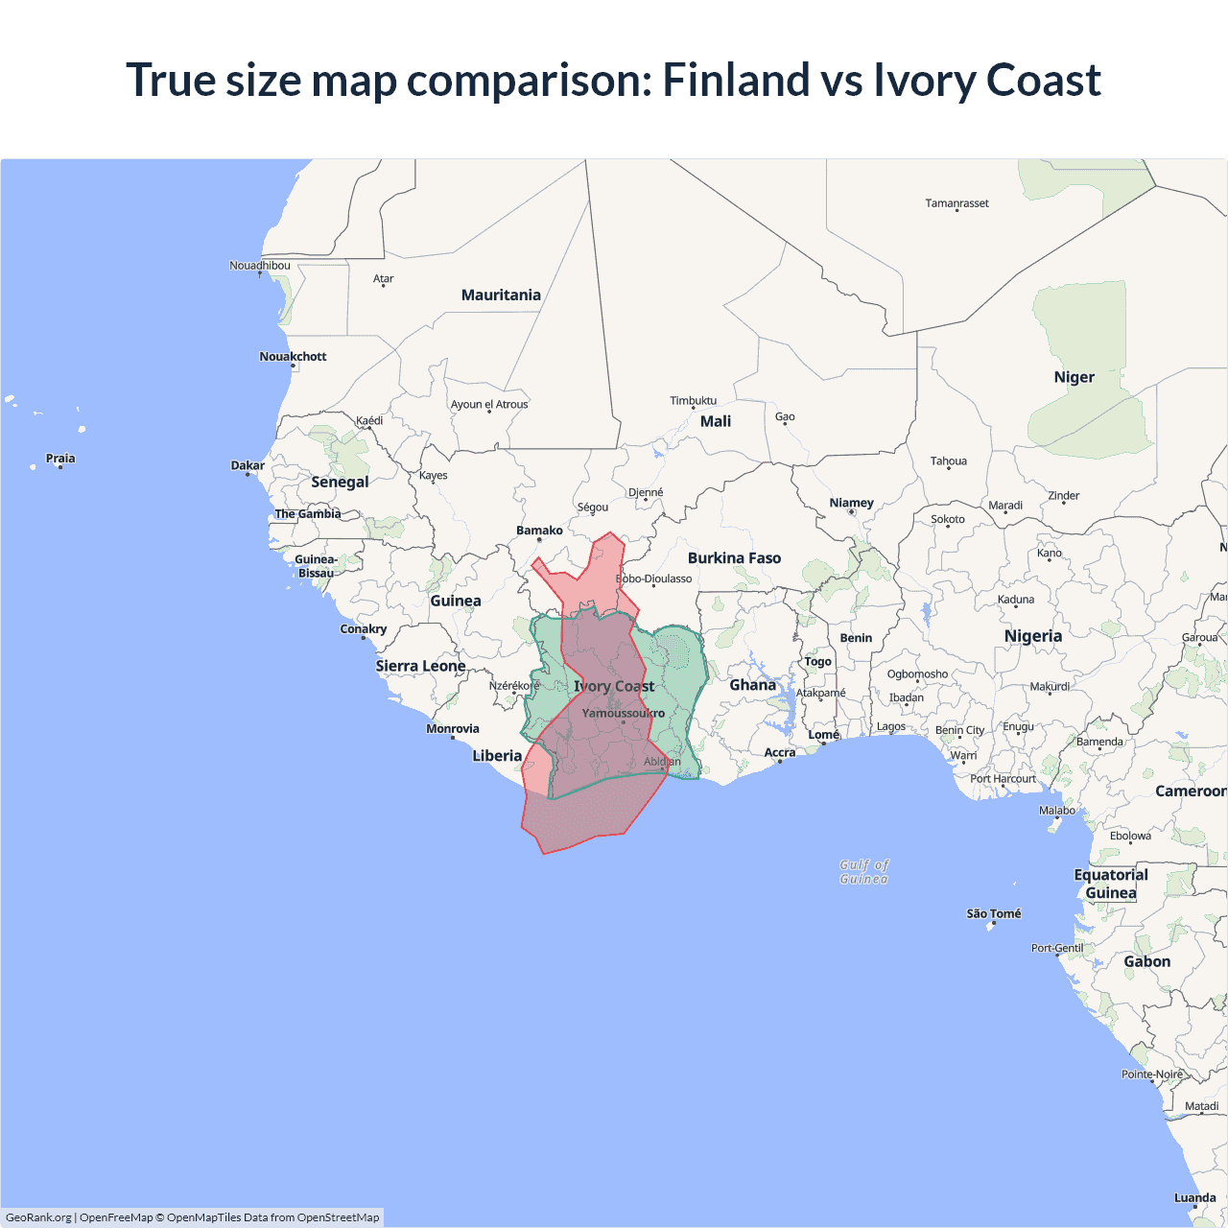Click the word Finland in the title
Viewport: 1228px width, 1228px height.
736,80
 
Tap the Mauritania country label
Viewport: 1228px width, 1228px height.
501,295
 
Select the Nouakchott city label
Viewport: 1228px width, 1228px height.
293,357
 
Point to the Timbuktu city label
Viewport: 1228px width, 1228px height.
693,401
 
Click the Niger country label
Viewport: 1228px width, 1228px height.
1074,378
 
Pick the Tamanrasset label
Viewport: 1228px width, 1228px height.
956,203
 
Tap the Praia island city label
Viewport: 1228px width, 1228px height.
60,459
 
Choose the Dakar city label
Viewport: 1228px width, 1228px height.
248,465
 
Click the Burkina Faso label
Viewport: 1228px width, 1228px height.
734,558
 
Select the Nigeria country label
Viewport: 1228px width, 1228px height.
1032,636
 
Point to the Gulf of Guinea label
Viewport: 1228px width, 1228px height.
863,871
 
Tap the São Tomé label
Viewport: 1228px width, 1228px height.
993,914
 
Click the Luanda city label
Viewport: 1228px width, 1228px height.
1194,1198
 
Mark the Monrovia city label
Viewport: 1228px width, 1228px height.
453,729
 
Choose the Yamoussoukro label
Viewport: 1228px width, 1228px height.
623,714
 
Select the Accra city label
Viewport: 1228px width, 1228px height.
780,753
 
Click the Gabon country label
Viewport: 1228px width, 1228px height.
1146,962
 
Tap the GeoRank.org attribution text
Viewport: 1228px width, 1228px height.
38,1217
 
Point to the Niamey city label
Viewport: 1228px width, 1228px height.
851,503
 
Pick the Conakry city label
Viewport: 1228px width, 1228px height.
363,629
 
